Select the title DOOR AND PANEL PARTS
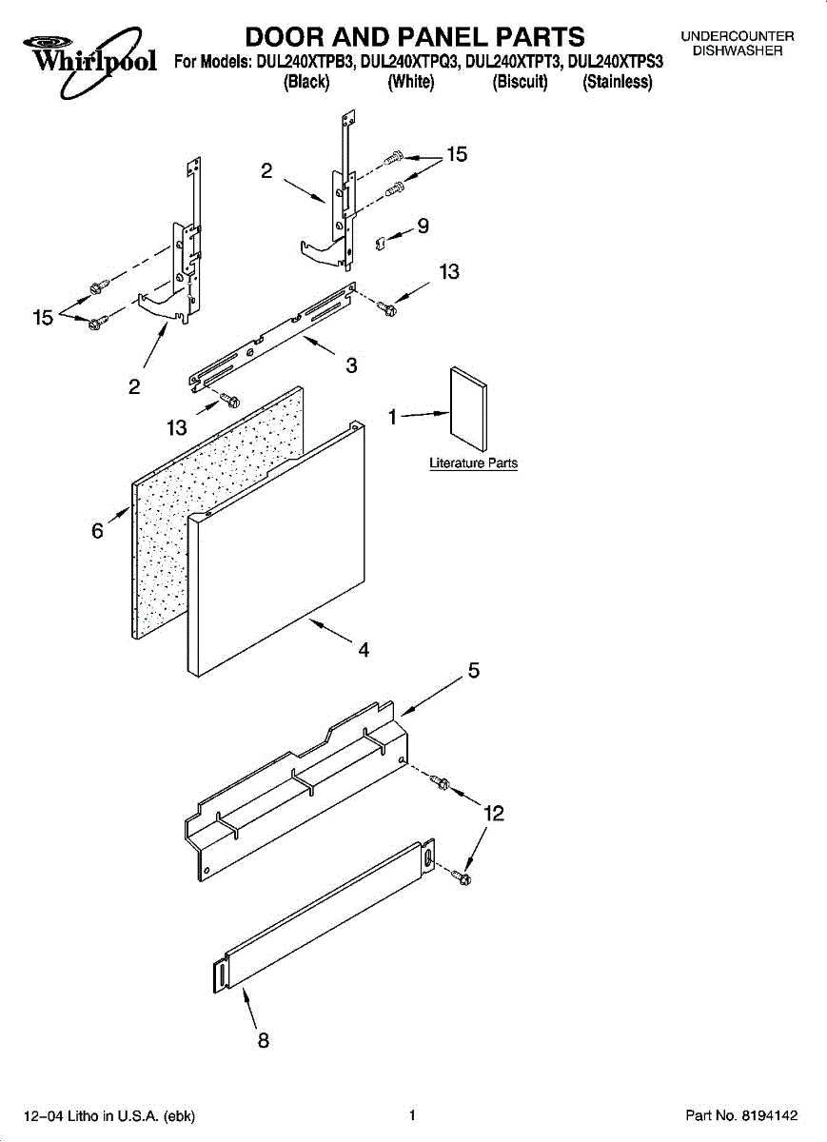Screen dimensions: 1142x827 point(415,37)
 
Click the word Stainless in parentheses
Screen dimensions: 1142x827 point(618,83)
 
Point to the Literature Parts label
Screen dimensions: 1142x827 point(473,463)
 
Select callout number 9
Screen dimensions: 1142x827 point(423,226)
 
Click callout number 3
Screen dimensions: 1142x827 point(351,364)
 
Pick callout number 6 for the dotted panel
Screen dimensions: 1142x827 point(97,531)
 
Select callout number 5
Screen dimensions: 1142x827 point(473,672)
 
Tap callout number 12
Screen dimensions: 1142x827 point(493,814)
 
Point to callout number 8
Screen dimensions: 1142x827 point(264,1040)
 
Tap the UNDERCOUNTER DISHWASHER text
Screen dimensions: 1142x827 point(737,44)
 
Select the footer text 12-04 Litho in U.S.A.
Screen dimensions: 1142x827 point(106,1115)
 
